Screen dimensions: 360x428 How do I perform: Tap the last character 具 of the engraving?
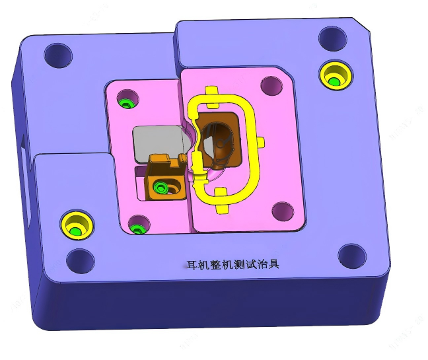275,264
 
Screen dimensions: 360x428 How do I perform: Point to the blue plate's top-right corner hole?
332,38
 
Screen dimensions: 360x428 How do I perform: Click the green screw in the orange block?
160,188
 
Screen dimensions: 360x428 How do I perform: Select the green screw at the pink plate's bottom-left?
137,228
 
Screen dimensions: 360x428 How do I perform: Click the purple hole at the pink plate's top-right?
271,85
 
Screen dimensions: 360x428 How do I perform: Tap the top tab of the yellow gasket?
212,92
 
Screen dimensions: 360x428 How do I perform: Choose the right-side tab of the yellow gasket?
263,141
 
